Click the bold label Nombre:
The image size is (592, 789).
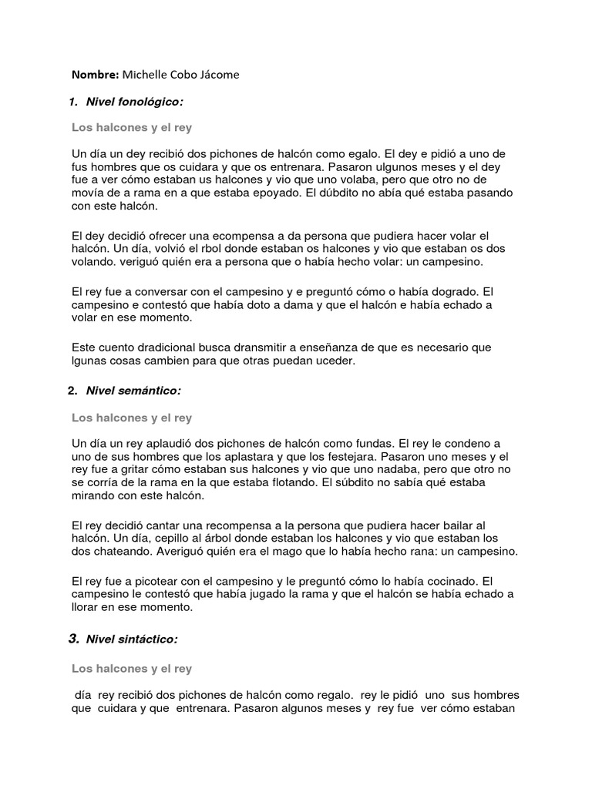96,75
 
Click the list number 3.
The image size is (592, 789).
73,638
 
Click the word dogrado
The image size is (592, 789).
454,292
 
